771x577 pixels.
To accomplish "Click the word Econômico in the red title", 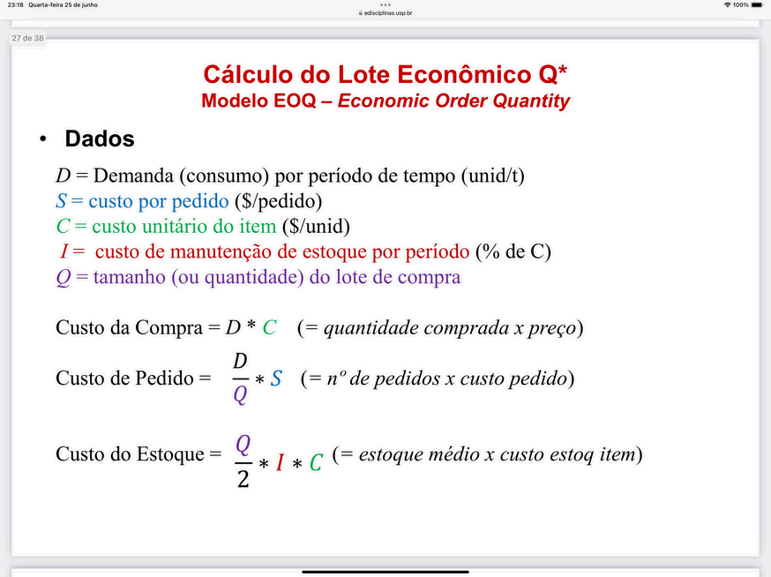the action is pyautogui.click(x=464, y=74).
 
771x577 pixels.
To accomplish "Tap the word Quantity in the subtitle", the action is pyautogui.click(x=531, y=101).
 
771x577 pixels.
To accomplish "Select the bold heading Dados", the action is pyautogui.click(x=100, y=139).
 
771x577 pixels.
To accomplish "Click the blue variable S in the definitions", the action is pyautogui.click(x=61, y=201).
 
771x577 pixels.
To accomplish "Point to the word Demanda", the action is pyautogui.click(x=133, y=176).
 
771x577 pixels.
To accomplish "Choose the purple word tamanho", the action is pyautogui.click(x=130, y=277).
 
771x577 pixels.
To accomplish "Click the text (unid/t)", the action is pyautogui.click(x=493, y=176).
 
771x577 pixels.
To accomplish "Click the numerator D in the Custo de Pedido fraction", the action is pyautogui.click(x=240, y=362).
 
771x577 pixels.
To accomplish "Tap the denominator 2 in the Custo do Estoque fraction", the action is pyautogui.click(x=243, y=478).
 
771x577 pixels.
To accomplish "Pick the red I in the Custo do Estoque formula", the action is pyautogui.click(x=280, y=463).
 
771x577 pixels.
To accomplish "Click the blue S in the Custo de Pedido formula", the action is pyautogui.click(x=276, y=378).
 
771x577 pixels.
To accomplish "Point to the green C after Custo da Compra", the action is pyautogui.click(x=269, y=327).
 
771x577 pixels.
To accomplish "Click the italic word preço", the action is pyautogui.click(x=551, y=328).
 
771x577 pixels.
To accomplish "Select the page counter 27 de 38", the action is pyautogui.click(x=28, y=38).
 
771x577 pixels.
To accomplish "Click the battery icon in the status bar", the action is pyautogui.click(x=757, y=5).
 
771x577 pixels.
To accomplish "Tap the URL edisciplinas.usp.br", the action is pyautogui.click(x=388, y=13).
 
